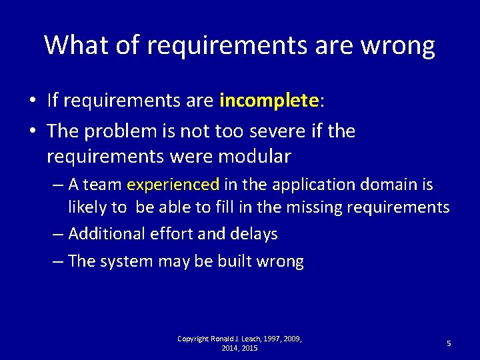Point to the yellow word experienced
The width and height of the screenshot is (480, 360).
[173, 185]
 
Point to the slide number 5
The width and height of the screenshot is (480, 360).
[449, 343]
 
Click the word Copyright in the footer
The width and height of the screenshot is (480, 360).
[193, 339]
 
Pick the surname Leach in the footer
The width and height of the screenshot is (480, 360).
[250, 339]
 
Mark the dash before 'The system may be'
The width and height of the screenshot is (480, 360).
[57, 261]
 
